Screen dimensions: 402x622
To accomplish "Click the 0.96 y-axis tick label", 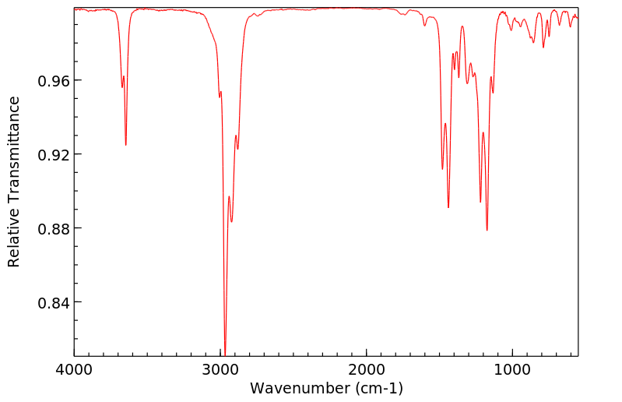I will pos(53,81).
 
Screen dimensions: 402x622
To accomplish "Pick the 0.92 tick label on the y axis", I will pos(53,154).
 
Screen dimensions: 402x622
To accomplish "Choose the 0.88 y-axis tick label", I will pos(53,228).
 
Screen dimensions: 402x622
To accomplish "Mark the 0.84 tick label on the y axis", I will pos(53,302).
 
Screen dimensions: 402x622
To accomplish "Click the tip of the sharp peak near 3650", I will pos(125,145).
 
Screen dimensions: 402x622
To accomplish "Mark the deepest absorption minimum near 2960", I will pos(225,354).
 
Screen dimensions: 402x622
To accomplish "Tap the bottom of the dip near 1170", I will pos(487,230).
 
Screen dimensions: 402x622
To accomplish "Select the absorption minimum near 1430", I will pos(448,207).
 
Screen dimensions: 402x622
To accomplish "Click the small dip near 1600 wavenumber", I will pos(425,26).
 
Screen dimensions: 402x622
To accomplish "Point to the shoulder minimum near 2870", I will pos(237,149).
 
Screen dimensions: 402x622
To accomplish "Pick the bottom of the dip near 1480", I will pos(442,168).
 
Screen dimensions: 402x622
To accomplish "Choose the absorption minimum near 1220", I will pos(480,202).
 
